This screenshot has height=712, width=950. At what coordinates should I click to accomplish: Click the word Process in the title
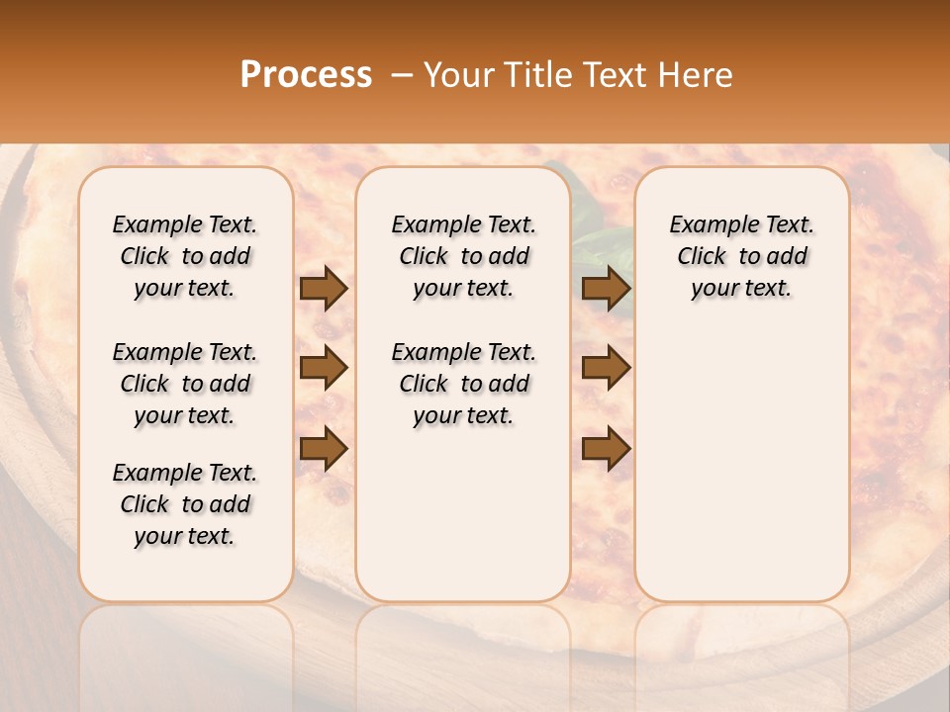point(306,75)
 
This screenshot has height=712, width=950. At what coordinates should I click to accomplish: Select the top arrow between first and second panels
point(324,289)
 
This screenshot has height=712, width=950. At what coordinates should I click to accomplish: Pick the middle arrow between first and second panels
point(324,368)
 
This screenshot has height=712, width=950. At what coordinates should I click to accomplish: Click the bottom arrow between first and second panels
point(324,448)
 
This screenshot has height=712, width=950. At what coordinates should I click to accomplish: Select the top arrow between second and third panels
point(606,289)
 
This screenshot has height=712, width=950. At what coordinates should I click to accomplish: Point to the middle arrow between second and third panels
point(606,368)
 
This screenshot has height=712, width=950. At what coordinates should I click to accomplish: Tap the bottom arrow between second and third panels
point(606,448)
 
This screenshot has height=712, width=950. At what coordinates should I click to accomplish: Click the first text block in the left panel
point(185,256)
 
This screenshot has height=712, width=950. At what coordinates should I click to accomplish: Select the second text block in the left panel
point(185,384)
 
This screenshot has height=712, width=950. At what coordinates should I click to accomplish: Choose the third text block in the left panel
point(185,504)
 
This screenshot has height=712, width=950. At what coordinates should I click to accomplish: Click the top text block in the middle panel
point(463,256)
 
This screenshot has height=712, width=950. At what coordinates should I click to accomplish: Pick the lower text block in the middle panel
point(463,384)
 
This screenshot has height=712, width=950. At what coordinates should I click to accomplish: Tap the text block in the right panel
point(741,256)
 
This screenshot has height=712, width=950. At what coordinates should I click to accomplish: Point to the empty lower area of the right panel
point(741,465)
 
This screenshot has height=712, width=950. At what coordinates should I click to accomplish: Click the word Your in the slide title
point(457,75)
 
